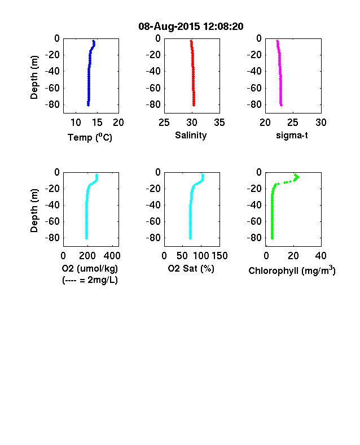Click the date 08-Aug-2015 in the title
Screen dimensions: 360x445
(169, 27)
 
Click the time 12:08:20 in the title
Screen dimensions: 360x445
(223, 27)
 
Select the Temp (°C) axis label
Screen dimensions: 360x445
(90, 137)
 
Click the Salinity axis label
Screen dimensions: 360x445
(191, 136)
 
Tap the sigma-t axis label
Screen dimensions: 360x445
(292, 136)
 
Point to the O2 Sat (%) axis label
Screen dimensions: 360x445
(191, 268)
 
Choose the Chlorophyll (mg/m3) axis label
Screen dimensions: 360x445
(292, 271)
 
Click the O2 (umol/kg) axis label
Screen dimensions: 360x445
(90, 268)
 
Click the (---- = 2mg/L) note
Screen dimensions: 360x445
(90, 280)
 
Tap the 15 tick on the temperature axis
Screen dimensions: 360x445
(97, 123)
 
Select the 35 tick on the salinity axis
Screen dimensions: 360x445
(219, 123)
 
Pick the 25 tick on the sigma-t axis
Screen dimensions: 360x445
(293, 123)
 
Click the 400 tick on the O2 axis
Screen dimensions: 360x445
(112, 256)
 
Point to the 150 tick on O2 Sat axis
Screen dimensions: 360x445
(219, 256)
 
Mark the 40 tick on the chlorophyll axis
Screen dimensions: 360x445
(321, 256)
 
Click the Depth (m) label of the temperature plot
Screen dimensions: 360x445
(34, 77)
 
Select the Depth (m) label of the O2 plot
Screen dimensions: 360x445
(34, 210)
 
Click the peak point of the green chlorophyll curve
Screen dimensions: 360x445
(298, 177)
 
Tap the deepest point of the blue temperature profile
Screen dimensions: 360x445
(88, 105)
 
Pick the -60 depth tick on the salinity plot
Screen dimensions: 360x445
(153, 88)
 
